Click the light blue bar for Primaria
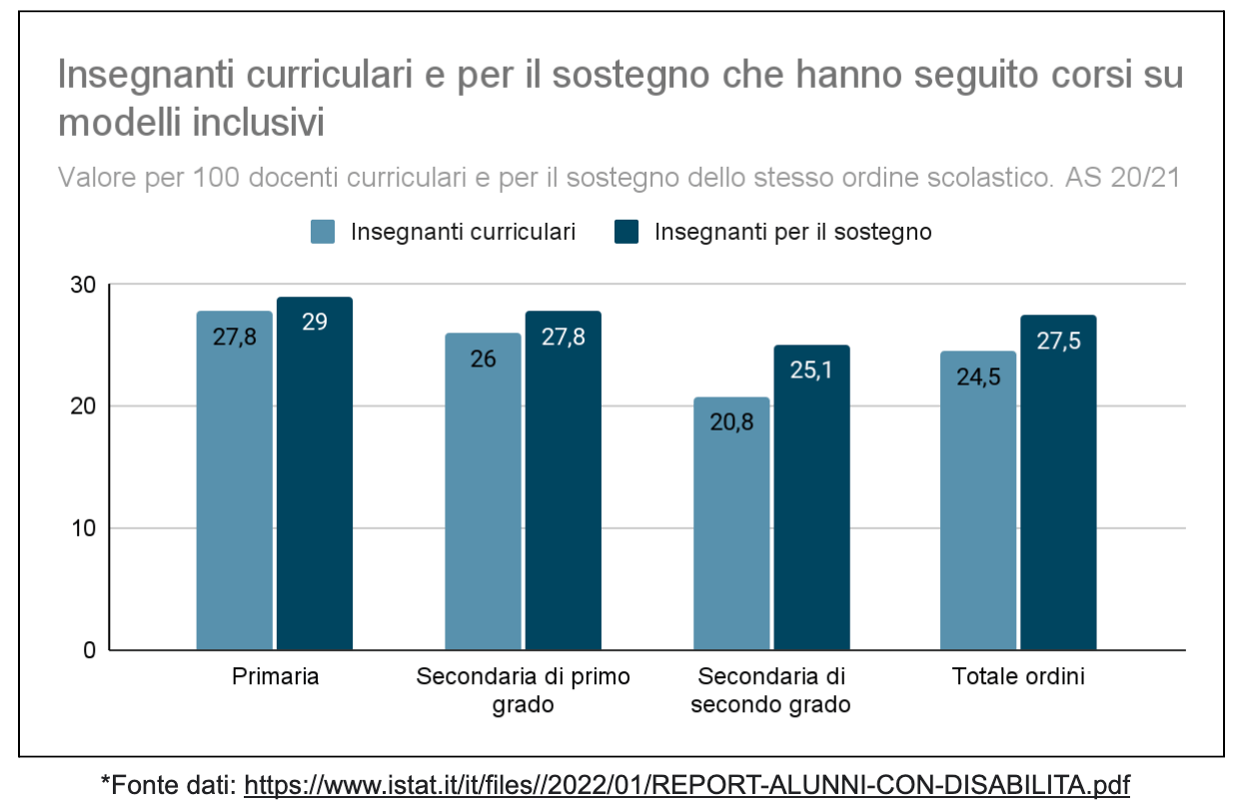[234, 480]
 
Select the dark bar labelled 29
[315, 473]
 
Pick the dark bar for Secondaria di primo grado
[564, 480]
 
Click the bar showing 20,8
[731, 523]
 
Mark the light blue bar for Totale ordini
[978, 500]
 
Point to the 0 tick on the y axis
[89, 650]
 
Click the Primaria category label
[276, 677]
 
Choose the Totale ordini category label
[1018, 677]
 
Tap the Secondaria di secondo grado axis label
[770, 690]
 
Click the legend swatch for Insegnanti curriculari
[323, 232]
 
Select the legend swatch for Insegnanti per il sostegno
[626, 232]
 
